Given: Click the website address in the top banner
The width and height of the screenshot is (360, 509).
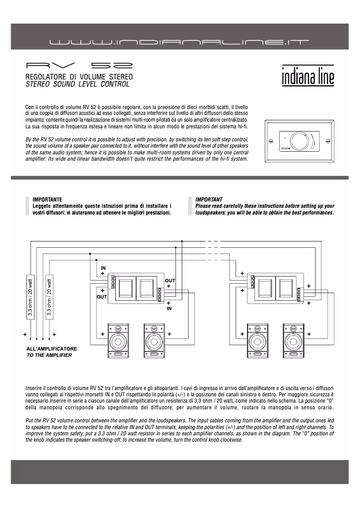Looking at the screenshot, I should pos(180,43).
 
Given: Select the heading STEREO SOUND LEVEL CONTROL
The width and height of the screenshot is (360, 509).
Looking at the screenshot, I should pos(77,84).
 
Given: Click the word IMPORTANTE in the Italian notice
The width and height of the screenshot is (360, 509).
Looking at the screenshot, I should pos(47,199).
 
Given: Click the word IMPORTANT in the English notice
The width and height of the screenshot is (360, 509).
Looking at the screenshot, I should pos(209,199).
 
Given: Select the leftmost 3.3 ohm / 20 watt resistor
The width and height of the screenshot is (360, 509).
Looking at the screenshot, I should pos(30,297).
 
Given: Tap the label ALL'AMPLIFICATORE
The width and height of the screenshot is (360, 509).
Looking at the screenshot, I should pos(52,349).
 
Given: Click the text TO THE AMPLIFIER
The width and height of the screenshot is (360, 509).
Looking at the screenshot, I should pos(49,355).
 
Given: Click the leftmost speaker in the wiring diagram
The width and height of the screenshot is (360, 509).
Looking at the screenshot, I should pos(119,340).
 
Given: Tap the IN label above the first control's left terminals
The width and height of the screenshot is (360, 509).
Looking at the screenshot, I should pos(103,268).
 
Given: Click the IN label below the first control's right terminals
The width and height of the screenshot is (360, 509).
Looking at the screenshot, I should pos(169,309).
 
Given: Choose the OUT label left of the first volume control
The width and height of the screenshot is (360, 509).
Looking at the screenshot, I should pos(102,297).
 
